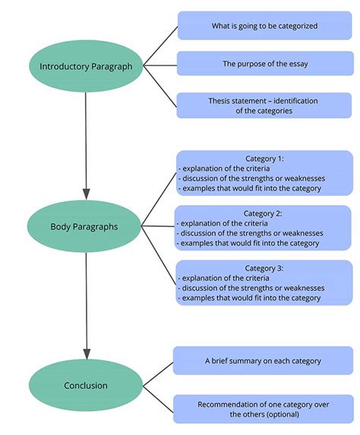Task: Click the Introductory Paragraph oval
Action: (87, 66)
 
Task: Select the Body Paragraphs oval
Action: (84, 226)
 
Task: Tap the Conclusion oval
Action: (84, 386)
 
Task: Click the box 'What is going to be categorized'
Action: (264, 26)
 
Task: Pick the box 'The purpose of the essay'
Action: (264, 65)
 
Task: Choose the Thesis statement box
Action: (264, 106)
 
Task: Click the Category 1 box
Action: (264, 173)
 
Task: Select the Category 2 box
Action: (264, 229)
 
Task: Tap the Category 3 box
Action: (264, 283)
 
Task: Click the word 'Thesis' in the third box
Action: (220, 100)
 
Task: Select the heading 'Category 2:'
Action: (264, 213)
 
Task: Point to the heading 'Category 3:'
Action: (264, 267)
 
